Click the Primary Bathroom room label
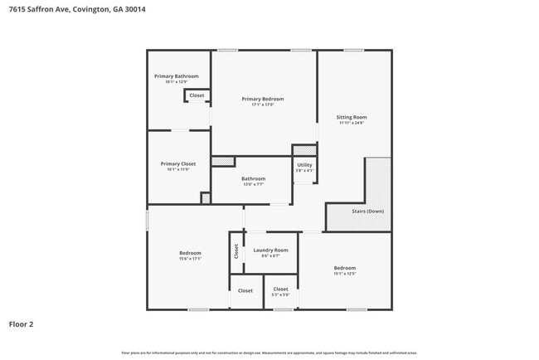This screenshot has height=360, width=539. point(176,76)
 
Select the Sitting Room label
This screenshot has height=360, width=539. point(352,117)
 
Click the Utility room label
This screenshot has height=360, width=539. point(304,165)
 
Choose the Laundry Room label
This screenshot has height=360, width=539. point(270,250)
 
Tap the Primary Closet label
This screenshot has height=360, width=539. point(177,163)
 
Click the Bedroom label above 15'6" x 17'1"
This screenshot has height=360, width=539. point(190,253)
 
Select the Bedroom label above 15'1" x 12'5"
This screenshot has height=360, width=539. point(344,267)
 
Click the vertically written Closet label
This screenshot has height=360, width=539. point(236,251)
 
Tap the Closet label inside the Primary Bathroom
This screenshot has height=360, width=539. point(197,95)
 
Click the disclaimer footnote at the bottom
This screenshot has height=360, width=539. point(269,353)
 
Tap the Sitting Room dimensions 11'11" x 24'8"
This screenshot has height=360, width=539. point(352,123)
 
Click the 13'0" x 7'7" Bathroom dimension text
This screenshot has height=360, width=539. point(253,184)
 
